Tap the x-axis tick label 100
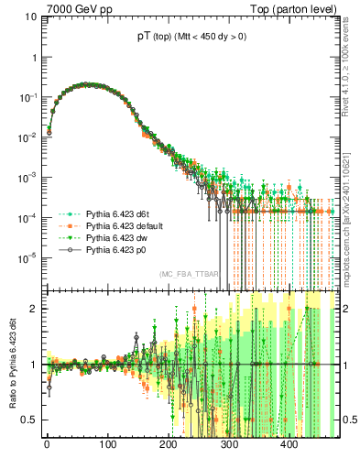pyautogui.click(x=107, y=446)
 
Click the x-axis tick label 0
pyautogui.click(x=47, y=446)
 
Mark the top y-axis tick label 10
pyautogui.click(x=28, y=16)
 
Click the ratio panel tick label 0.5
pyautogui.click(x=27, y=420)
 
